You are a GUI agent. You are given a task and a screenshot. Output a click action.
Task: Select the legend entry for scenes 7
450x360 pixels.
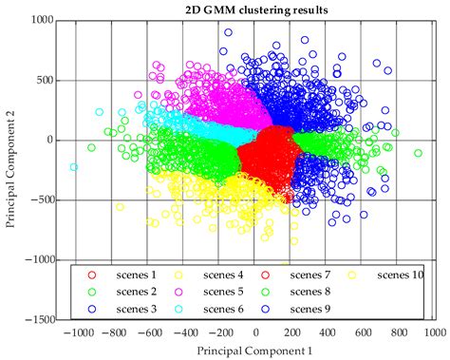coord(309,275)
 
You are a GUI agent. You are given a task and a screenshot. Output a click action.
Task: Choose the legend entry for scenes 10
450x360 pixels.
coord(400,275)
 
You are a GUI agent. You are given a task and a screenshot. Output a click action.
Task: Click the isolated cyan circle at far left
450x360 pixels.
coord(73,167)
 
